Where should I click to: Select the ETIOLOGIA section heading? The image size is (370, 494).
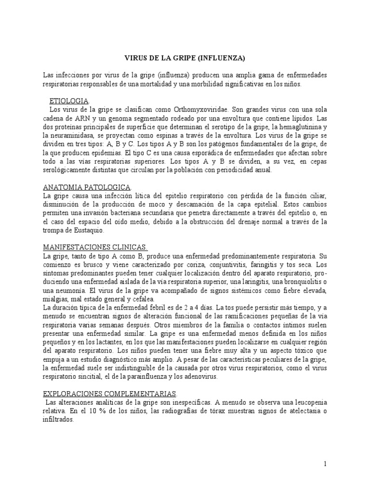69,100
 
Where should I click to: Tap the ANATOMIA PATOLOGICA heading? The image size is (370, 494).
80,186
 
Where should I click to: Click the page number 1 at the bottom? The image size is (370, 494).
325,464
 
